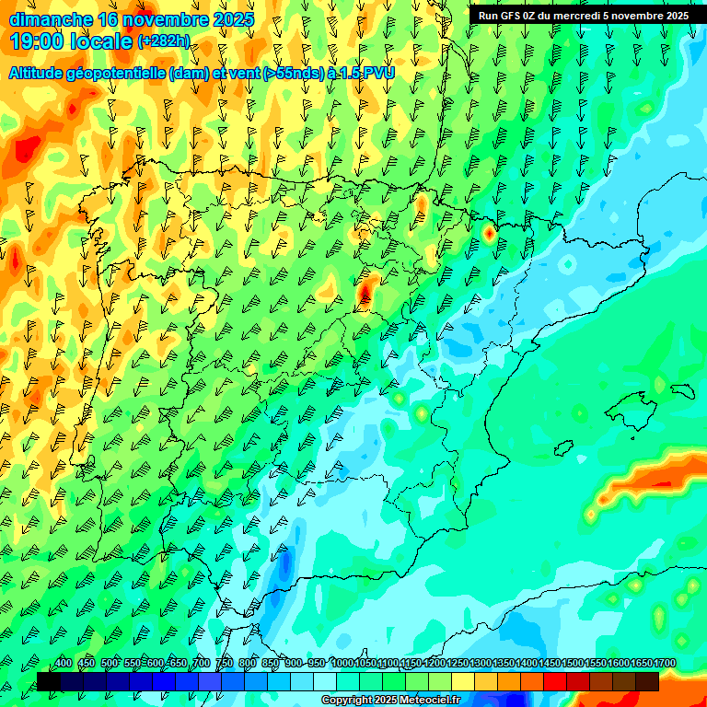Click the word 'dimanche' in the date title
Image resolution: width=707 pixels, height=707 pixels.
click(50, 19)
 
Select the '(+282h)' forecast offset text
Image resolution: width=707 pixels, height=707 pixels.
click(164, 41)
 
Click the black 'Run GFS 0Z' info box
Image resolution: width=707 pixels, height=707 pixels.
click(583, 16)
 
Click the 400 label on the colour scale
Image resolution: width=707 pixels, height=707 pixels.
click(64, 664)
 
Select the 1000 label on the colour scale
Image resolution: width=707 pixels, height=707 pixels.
click(342, 664)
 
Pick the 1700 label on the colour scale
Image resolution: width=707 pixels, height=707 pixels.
click(665, 664)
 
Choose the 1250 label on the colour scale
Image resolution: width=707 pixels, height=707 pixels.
click(458, 664)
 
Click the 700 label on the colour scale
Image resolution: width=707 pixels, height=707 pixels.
click(202, 664)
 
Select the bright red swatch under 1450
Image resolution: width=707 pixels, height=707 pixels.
click(555, 681)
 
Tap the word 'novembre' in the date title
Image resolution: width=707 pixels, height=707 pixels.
click(165, 19)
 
